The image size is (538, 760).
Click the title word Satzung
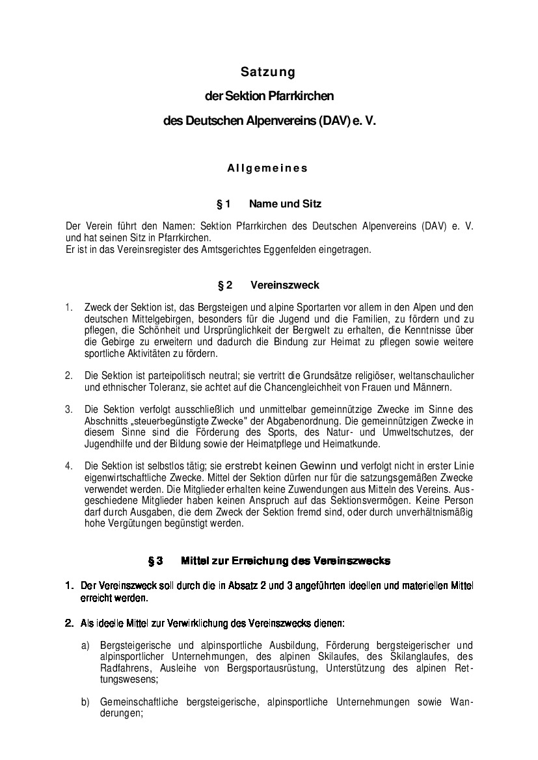point(268,71)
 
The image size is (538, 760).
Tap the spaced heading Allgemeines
point(267,168)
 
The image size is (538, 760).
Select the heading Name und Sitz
point(285,204)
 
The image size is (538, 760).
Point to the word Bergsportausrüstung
point(291,668)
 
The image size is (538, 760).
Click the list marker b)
point(85,702)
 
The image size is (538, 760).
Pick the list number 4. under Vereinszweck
point(68,465)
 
